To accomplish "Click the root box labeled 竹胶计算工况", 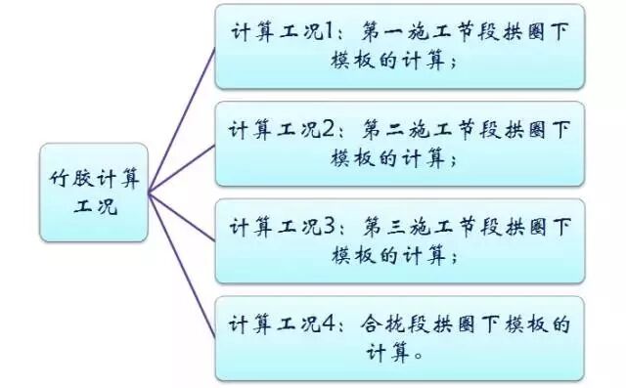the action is [x=95, y=193].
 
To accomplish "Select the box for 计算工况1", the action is [x=400, y=46].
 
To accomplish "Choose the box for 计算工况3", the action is [x=400, y=240].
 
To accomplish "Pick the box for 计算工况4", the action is [x=400, y=338].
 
